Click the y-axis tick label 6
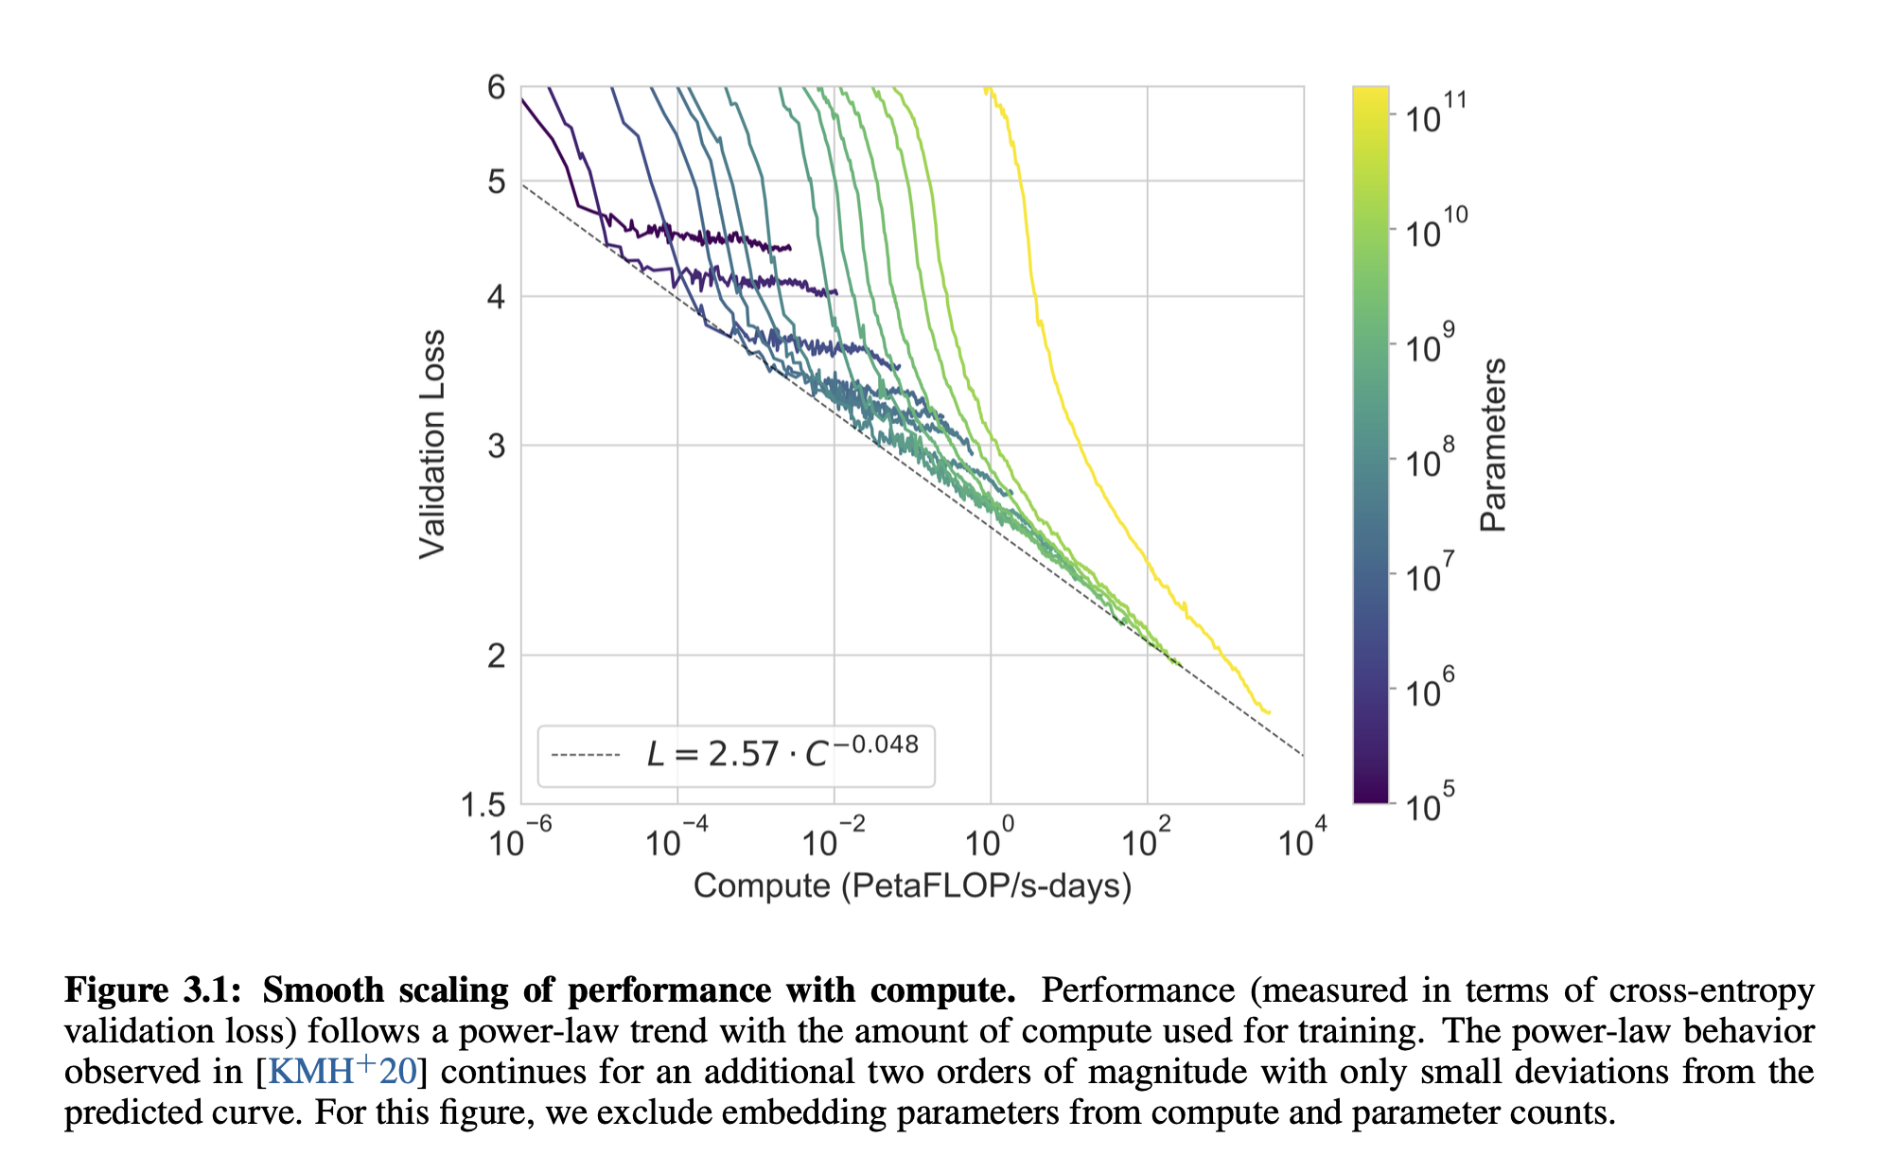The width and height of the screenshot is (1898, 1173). coord(496,88)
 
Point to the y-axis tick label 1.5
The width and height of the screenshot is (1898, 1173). coord(483,805)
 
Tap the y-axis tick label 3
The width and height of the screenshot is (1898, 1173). coord(496,446)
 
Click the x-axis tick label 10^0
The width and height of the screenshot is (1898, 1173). coord(989,839)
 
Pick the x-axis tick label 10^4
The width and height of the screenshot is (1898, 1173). coord(1302,839)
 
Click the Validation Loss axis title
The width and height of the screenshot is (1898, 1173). coord(432,445)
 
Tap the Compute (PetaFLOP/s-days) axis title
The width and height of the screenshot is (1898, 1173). coord(912,886)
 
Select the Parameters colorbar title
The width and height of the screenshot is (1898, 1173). coord(1493,445)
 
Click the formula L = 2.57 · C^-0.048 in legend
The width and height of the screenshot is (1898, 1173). coord(782,753)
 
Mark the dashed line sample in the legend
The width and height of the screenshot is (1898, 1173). coord(585,755)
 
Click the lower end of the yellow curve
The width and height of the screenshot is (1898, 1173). coord(1268,712)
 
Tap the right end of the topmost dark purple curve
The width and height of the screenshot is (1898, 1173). coord(789,248)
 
